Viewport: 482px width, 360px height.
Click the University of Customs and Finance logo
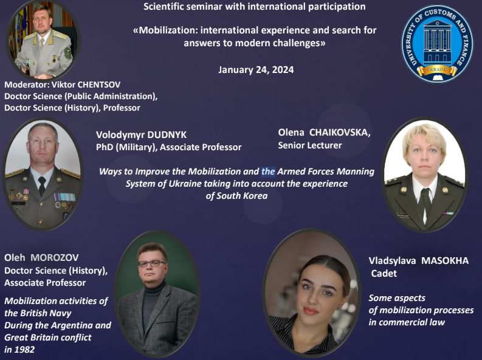(x=437, y=44)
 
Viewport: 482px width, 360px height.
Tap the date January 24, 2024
(x=256, y=70)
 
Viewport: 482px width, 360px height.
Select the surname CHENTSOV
(x=99, y=85)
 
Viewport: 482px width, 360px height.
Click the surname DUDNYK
(x=167, y=134)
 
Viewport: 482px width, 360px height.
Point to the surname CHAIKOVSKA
(x=340, y=133)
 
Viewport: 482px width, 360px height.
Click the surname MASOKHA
(x=445, y=261)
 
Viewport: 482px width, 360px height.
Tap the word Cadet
(x=384, y=273)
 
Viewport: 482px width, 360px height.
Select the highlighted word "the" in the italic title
(x=268, y=171)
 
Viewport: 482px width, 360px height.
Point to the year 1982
(x=26, y=350)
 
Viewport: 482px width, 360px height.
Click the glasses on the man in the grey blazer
(x=152, y=263)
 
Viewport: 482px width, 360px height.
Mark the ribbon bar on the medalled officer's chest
(x=64, y=197)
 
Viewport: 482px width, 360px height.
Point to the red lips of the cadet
(x=311, y=311)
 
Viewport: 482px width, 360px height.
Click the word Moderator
(x=26, y=85)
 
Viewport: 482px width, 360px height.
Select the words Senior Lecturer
(x=310, y=145)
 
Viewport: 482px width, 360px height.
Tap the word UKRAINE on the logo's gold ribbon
(x=437, y=70)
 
